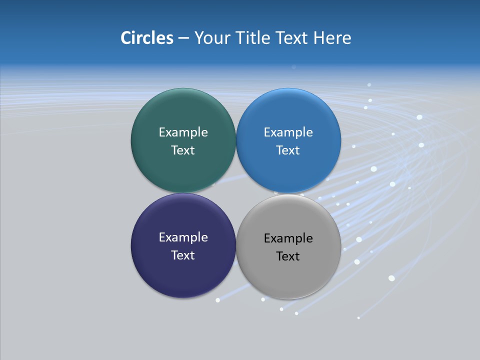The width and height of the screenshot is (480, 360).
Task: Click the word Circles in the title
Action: [x=146, y=38]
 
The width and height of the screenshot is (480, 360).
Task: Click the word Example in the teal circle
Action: [x=183, y=132]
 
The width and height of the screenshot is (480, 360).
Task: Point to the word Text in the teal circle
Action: [x=183, y=150]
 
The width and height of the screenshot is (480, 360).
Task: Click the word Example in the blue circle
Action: [x=288, y=132]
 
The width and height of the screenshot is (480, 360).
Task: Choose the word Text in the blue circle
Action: [x=288, y=150]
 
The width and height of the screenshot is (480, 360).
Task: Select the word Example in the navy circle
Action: [x=183, y=237]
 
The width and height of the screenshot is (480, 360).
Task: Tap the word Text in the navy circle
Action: [x=183, y=255]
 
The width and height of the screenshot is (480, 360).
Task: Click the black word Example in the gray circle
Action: [x=288, y=238]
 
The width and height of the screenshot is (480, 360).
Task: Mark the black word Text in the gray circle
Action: [x=288, y=256]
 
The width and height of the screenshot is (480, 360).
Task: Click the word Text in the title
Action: [x=292, y=38]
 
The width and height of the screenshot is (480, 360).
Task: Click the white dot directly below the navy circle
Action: [x=217, y=300]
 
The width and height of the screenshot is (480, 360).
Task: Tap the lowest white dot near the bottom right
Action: [x=358, y=317]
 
